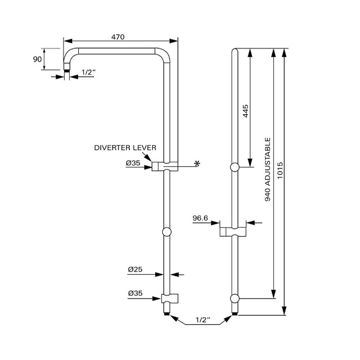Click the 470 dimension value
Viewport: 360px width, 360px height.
click(x=118, y=37)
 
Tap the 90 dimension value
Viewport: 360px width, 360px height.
click(x=37, y=59)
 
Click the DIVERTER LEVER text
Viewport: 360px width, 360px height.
click(x=125, y=148)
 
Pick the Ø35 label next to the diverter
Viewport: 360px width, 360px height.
click(x=133, y=163)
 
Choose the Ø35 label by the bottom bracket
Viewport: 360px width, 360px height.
click(x=135, y=293)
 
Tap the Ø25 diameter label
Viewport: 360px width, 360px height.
click(x=135, y=269)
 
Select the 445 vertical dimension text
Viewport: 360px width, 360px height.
click(x=246, y=111)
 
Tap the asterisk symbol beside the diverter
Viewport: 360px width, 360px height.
click(x=197, y=163)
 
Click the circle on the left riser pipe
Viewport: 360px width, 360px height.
click(x=166, y=232)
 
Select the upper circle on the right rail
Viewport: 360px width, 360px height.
click(x=234, y=168)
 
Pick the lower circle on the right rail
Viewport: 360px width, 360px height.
click(x=234, y=298)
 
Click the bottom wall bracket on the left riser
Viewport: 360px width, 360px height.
click(x=170, y=298)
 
